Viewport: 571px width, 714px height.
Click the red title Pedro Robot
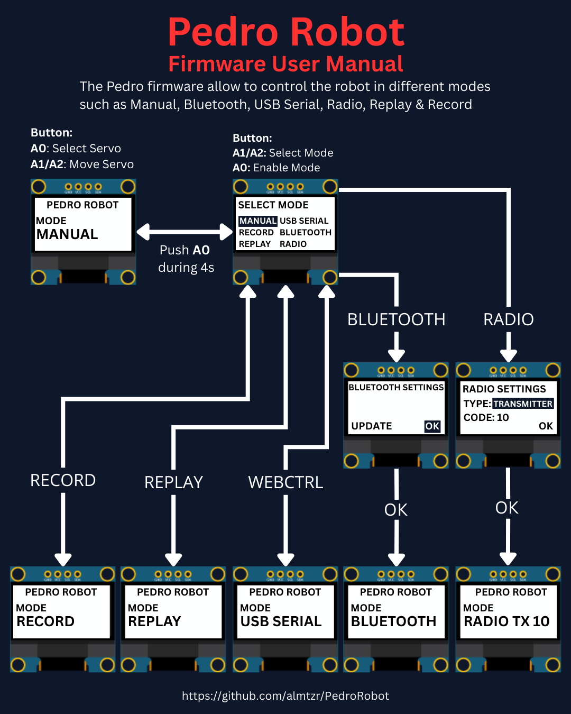click(x=286, y=32)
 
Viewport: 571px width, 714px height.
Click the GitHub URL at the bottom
click(x=285, y=696)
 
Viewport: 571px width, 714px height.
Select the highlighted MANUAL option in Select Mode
click(x=257, y=221)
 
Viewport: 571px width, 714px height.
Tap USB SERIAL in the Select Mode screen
click(x=304, y=221)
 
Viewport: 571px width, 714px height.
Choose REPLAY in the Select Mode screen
click(x=255, y=244)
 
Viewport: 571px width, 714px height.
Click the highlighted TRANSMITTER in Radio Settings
click(x=523, y=404)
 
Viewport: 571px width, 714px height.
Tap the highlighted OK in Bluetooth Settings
click(x=432, y=426)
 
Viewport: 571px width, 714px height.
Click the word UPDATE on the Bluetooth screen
click(x=372, y=426)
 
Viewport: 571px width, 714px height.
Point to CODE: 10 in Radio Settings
click(x=486, y=418)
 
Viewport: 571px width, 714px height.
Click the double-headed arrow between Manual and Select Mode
click(x=185, y=232)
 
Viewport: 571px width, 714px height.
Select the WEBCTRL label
click(x=285, y=482)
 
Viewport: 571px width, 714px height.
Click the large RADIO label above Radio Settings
click(x=509, y=319)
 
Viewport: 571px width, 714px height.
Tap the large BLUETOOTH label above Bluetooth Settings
click(x=397, y=319)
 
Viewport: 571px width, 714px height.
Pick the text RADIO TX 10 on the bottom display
click(x=506, y=621)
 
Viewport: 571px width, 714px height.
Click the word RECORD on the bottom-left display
click(x=45, y=621)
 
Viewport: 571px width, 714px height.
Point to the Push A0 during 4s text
click(x=186, y=259)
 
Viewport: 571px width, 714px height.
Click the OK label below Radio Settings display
click(x=507, y=508)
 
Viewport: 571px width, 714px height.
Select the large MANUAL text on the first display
click(x=67, y=234)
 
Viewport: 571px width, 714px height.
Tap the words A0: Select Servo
click(x=76, y=149)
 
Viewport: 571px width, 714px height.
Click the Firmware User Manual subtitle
click(x=285, y=64)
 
